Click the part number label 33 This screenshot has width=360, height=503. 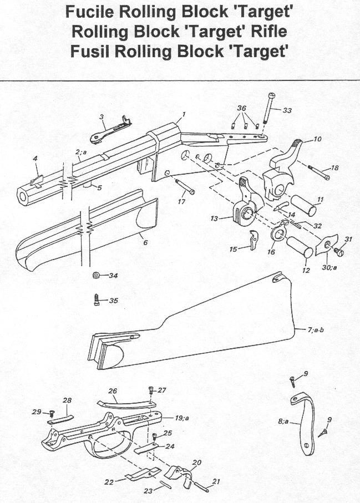[287, 110]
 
